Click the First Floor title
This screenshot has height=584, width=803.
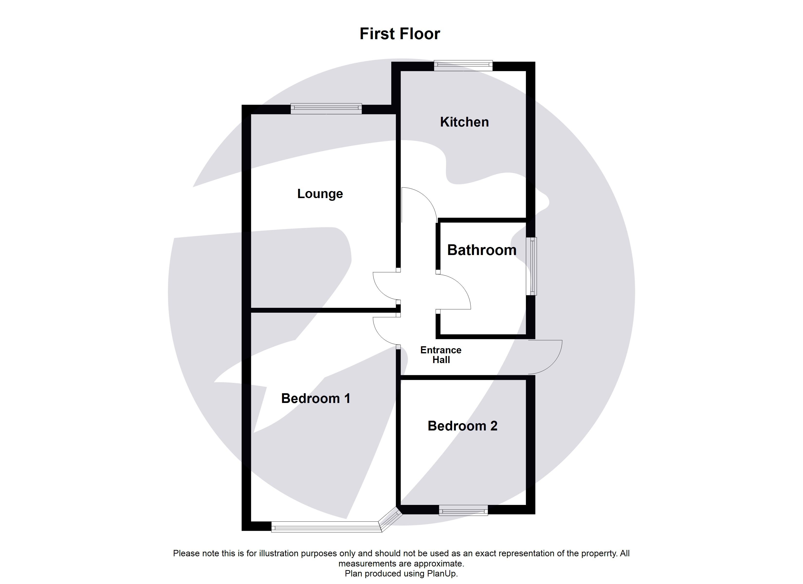point(400,34)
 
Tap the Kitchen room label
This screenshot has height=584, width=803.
point(464,122)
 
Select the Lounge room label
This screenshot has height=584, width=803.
point(320,194)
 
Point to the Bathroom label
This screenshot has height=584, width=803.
point(482,250)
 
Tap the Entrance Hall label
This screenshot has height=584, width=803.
point(441,355)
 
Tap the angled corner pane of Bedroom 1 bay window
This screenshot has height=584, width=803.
point(391,519)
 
